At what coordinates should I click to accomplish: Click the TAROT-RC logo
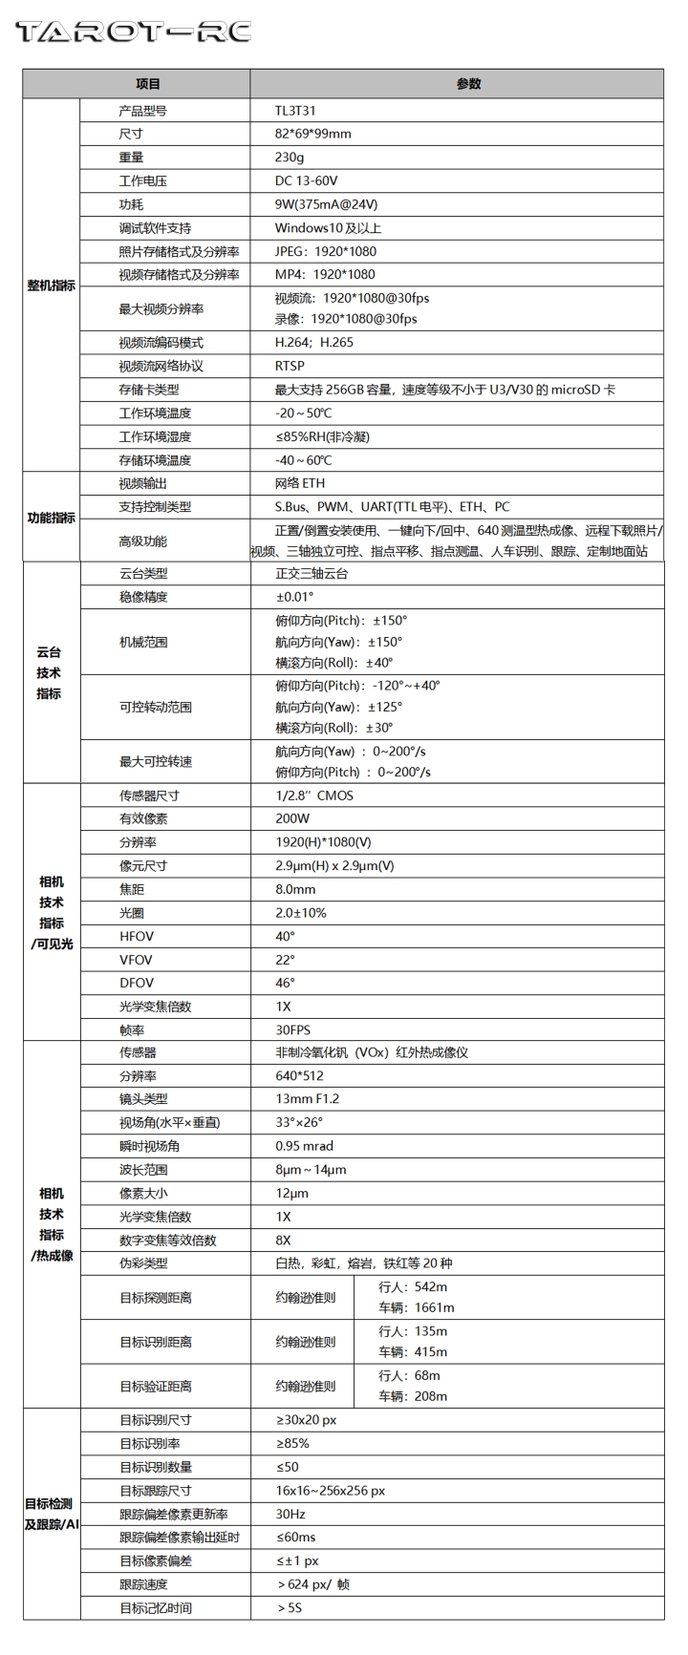(x=133, y=32)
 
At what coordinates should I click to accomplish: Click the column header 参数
(x=468, y=84)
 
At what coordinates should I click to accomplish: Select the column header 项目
(x=148, y=84)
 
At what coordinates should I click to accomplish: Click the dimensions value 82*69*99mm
(x=312, y=134)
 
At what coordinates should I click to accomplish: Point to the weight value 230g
(x=290, y=158)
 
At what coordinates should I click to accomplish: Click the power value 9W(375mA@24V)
(x=326, y=203)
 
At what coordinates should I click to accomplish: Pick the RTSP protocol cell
(x=290, y=366)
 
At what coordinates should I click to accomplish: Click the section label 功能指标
(x=52, y=518)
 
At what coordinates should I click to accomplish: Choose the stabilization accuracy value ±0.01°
(x=294, y=597)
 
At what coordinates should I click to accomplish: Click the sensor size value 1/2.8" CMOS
(x=313, y=796)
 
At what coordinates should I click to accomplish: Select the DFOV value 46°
(x=285, y=983)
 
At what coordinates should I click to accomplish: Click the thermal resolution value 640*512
(x=298, y=1075)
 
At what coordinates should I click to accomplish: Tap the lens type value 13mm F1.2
(x=307, y=1099)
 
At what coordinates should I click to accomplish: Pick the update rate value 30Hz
(x=291, y=1514)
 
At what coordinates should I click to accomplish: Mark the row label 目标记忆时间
(x=156, y=1607)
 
